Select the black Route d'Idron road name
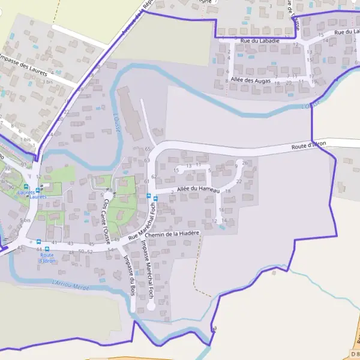[x=308, y=145]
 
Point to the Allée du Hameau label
[x=199, y=190]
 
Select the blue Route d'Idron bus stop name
[x=46, y=258]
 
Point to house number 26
[x=245, y=163]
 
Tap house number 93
[x=23, y=164]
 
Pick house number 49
[x=116, y=240]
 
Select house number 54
[x=110, y=249]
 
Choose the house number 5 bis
[x=25, y=221]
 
